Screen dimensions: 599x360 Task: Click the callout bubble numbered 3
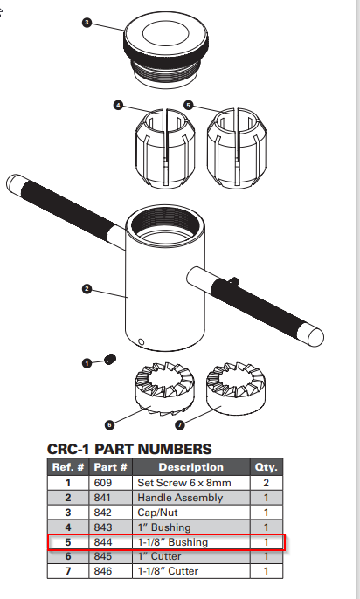pyautogui.click(x=87, y=22)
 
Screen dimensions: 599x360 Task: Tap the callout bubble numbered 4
pyautogui.click(x=118, y=105)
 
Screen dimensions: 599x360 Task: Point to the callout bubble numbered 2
pyautogui.click(x=87, y=288)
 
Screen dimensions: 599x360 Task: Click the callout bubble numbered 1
pyautogui.click(x=87, y=361)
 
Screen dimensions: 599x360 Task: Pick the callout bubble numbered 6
pyautogui.click(x=109, y=425)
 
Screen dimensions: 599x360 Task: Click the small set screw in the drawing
pyautogui.click(x=111, y=359)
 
